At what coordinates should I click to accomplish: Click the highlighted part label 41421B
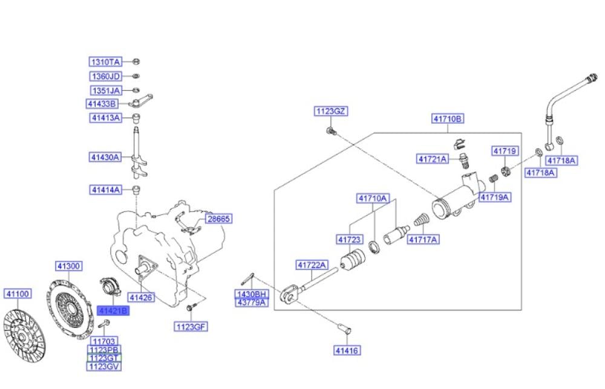113,310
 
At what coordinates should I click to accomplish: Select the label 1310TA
106,62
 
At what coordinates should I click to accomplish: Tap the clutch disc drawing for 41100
24,336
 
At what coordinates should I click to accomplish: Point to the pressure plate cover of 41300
70,309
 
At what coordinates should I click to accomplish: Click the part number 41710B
448,118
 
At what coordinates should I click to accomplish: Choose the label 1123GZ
330,111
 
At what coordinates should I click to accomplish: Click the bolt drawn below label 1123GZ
331,131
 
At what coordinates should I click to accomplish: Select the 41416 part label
347,350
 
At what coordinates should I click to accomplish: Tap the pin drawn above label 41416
344,330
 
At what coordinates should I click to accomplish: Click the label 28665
219,219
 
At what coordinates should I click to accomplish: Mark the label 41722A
312,265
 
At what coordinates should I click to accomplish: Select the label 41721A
433,159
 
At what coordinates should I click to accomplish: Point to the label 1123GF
191,327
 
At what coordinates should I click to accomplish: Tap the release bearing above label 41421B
111,288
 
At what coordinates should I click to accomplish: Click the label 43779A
252,303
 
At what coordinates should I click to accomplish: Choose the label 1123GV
104,366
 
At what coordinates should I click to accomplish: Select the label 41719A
495,198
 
